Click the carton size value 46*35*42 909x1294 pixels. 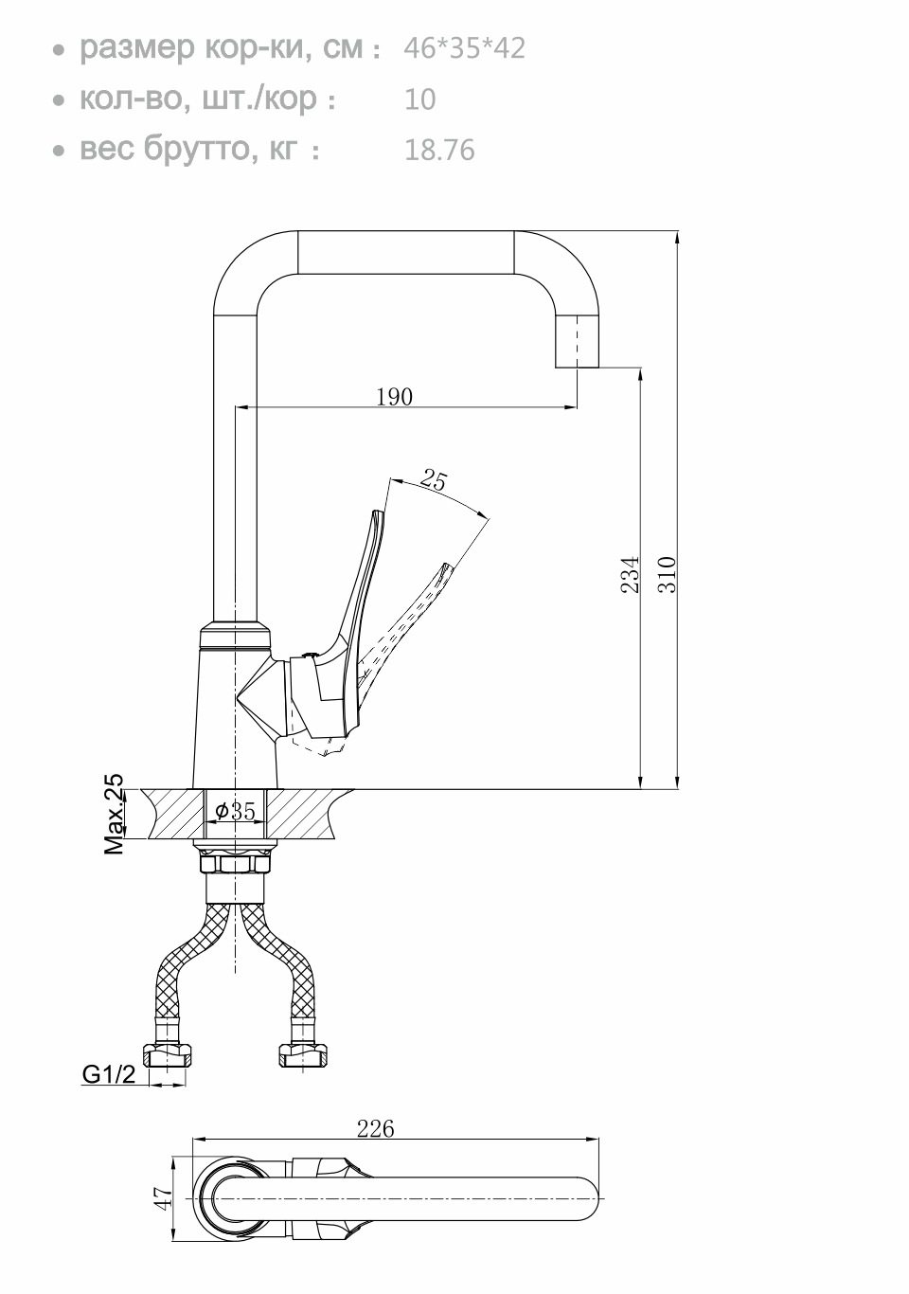pos(464,48)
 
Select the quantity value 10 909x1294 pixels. pos(419,99)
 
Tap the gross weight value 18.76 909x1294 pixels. pos(439,151)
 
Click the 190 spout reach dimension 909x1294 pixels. pos(395,397)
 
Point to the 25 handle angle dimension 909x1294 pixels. pos(434,479)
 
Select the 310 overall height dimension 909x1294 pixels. pos(668,575)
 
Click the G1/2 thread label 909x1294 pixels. pos(109,1074)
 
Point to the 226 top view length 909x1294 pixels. pos(375,1128)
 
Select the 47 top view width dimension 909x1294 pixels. pos(164,1198)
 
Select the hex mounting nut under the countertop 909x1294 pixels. pos(236,863)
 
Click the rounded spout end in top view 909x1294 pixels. pos(585,1199)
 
